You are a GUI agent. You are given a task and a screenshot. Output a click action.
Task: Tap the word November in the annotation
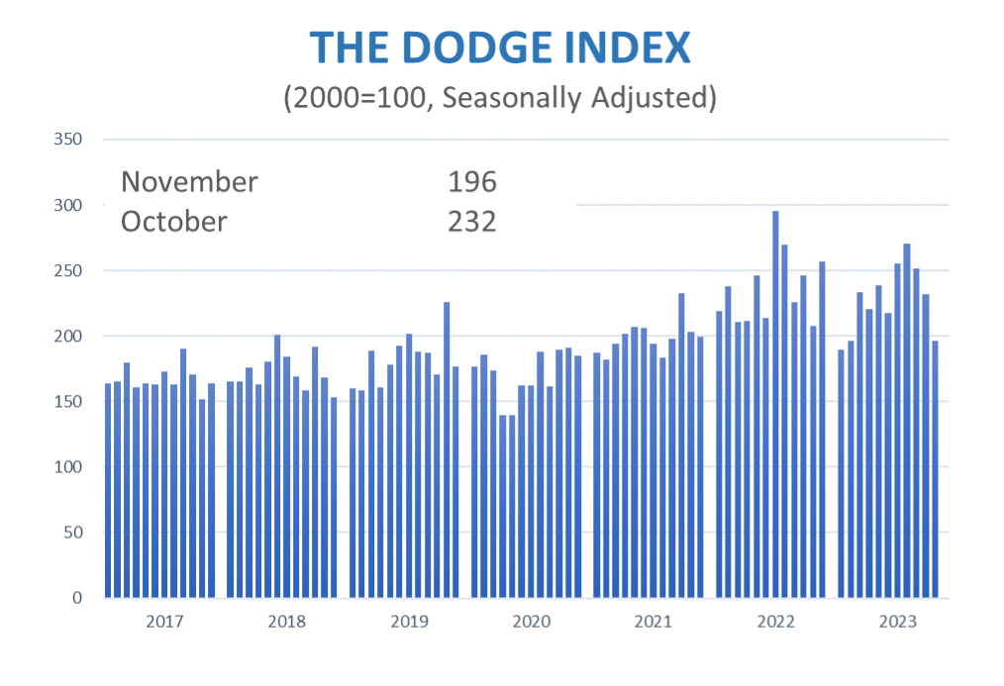189,182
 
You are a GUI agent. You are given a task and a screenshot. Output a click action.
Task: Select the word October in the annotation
173,221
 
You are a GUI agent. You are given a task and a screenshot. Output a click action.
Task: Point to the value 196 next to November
471,182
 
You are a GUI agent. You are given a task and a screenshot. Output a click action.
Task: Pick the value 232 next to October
471,221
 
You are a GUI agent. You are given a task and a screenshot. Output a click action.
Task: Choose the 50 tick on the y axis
71,533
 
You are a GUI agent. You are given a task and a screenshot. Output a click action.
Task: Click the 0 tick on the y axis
75,598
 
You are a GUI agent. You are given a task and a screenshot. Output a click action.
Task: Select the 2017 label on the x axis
164,622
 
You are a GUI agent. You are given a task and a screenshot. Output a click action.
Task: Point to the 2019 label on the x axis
409,622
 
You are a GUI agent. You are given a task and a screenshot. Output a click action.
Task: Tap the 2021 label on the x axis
653,622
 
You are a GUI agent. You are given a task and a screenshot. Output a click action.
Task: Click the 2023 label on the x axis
897,622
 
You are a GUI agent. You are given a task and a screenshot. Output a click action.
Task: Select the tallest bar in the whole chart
775,406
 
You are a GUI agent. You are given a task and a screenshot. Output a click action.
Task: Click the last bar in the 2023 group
936,469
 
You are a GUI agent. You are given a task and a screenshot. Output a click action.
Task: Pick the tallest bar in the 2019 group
447,450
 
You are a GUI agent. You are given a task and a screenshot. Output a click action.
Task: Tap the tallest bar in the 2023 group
907,421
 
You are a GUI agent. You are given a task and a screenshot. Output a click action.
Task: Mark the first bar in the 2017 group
108,491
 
